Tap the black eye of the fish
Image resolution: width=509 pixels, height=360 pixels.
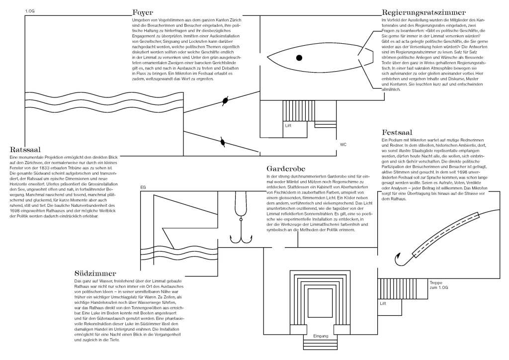coord(299,58)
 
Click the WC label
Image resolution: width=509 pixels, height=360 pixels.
coord(343,145)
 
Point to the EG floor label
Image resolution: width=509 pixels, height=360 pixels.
coord(143,188)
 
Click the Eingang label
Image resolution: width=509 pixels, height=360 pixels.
coord(321,337)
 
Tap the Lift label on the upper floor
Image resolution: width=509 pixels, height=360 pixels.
coord(288,126)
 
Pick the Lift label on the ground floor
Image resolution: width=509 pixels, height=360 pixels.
coord(383,303)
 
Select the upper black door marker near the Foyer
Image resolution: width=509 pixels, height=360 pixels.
coord(226,100)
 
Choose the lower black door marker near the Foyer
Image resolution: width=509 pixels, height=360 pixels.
coord(223,143)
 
